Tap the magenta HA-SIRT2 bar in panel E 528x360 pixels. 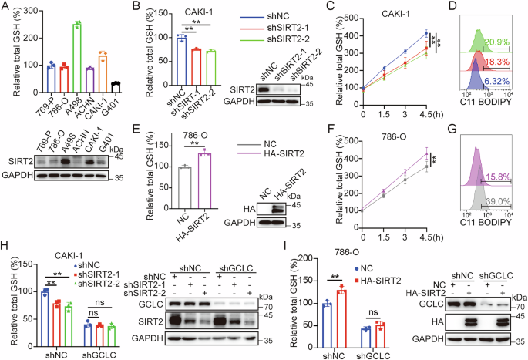tap(206, 183)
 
